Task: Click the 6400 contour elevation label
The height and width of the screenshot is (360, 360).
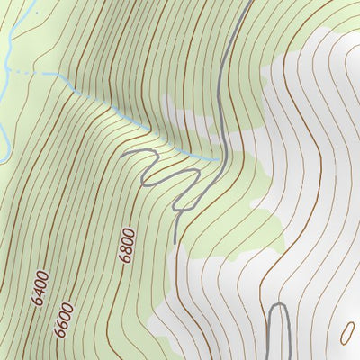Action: coord(40,286)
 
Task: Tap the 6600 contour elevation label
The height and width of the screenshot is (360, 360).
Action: coord(62,318)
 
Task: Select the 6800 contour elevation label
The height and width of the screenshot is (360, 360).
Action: coord(127,244)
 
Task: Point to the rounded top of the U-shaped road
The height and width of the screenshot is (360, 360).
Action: coord(278,307)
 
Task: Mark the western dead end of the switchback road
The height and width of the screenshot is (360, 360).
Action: coord(121,154)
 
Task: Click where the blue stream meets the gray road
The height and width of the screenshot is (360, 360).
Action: coord(220,160)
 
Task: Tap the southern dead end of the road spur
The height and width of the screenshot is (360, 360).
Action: coord(174,241)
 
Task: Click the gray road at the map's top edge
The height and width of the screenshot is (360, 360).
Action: coord(248,3)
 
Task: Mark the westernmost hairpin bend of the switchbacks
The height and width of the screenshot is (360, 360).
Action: coord(144,180)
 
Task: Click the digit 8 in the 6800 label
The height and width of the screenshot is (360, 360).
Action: coord(127,246)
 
